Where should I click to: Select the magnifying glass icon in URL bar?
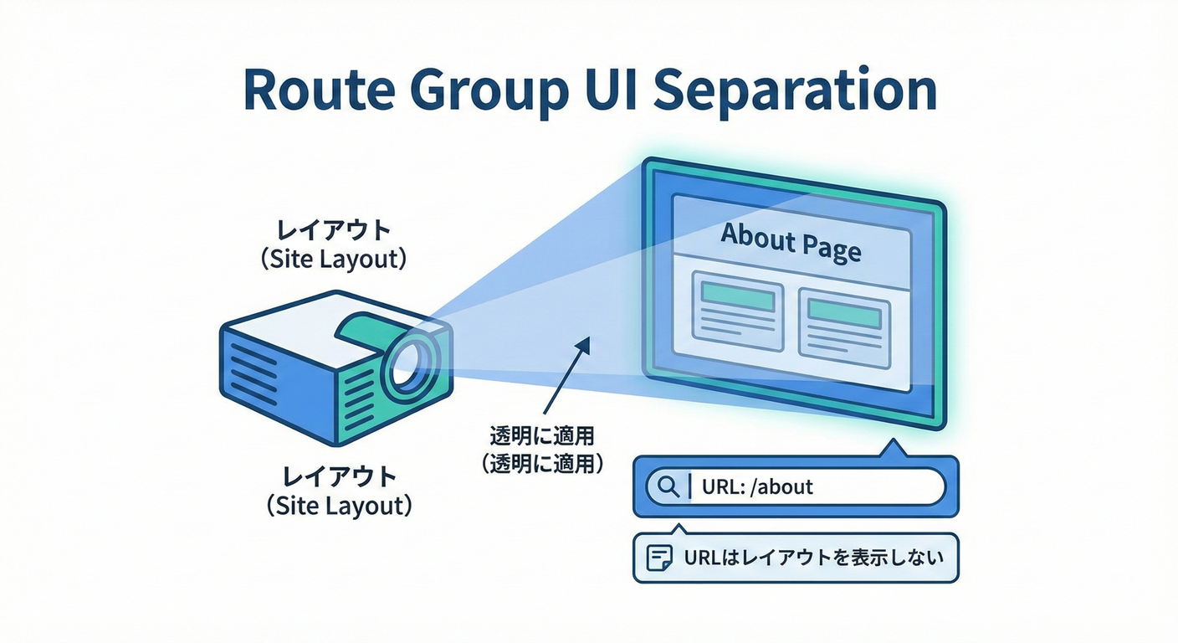click(668, 486)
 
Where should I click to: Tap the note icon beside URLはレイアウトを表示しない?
click(660, 558)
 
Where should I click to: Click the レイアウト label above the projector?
click(333, 229)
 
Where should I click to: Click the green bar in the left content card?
click(736, 292)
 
